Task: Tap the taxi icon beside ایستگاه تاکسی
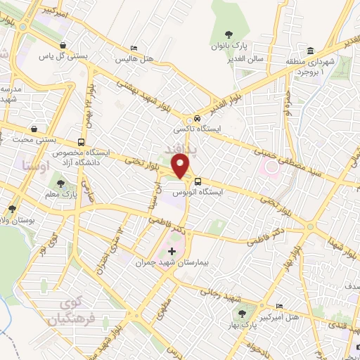[x=198, y=118]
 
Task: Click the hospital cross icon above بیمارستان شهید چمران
[x=172, y=251]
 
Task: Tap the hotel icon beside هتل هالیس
[x=134, y=49]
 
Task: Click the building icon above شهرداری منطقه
[x=310, y=51]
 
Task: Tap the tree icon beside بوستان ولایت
[x=12, y=209]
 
